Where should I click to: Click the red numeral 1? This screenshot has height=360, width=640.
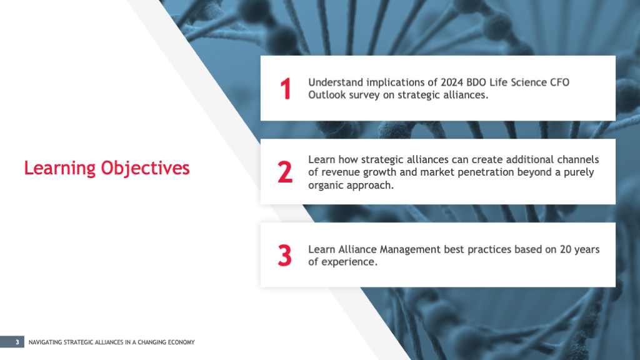(285, 89)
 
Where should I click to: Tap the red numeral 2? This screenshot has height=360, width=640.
(285, 172)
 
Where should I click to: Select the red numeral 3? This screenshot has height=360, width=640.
(285, 255)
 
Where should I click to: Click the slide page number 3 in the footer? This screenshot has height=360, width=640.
(17, 342)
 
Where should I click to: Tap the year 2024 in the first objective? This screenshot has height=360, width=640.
(452, 82)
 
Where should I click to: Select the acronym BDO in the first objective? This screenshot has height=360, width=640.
(476, 82)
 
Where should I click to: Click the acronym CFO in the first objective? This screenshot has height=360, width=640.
(559, 82)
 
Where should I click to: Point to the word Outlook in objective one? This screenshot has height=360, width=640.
(324, 95)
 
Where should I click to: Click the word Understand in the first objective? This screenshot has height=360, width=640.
(336, 82)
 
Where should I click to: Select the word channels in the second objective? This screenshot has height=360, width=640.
(578, 159)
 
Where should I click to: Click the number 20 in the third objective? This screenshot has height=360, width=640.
(565, 249)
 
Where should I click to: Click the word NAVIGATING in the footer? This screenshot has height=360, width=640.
(45, 342)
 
